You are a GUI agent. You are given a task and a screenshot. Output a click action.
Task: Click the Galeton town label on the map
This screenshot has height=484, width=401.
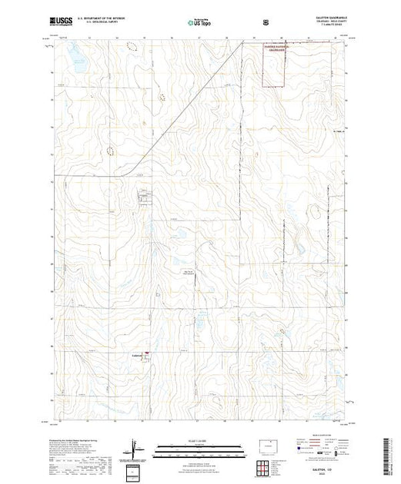coord(136,355)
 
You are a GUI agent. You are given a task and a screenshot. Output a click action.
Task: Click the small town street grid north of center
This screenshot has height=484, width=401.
coord(143,198)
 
